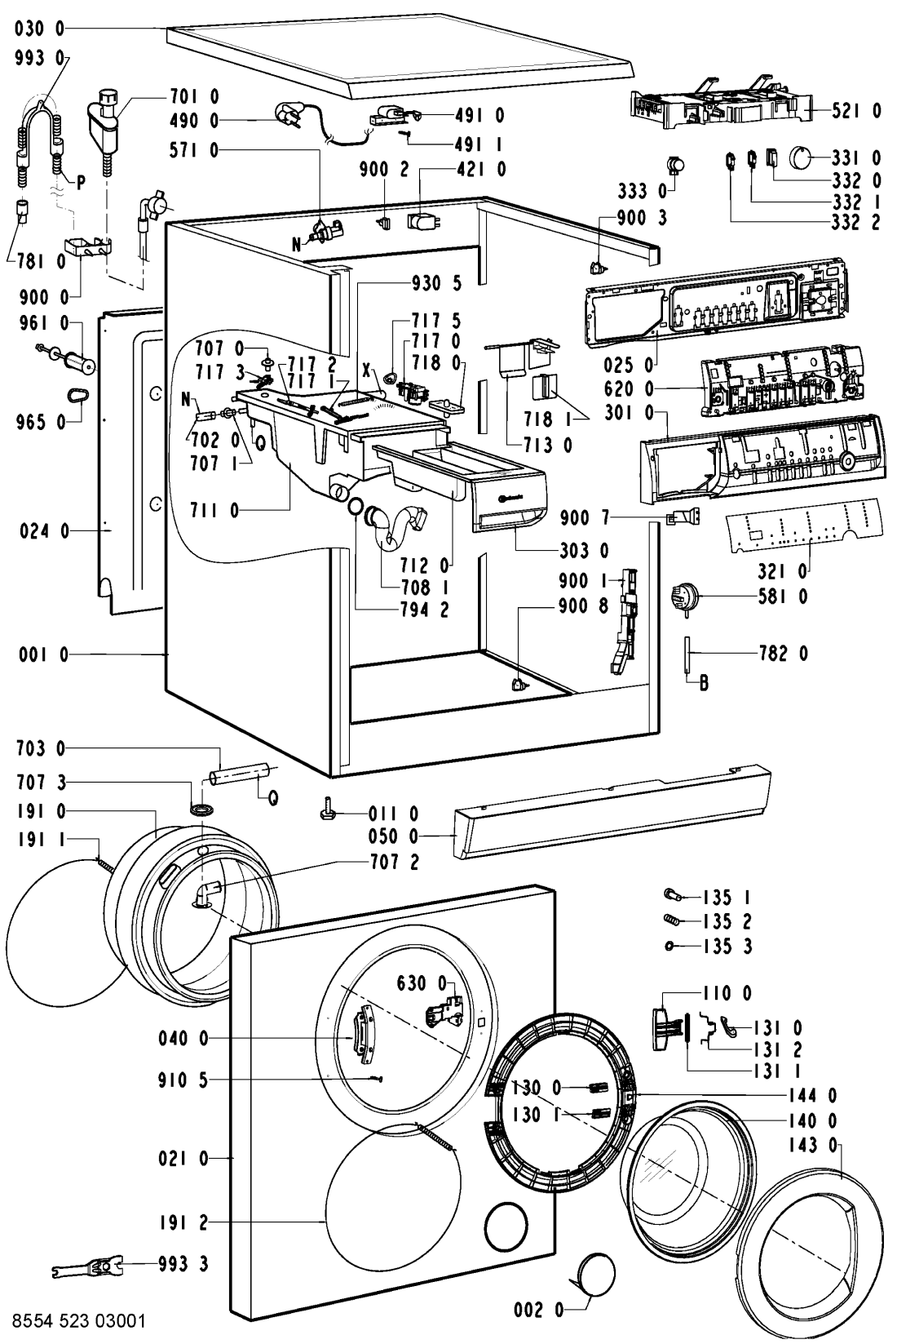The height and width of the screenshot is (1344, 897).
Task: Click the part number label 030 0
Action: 38,29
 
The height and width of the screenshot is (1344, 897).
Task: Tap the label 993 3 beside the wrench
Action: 184,1264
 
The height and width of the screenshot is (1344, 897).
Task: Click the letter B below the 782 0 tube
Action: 702,685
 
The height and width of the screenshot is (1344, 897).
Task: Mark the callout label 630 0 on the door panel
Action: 422,982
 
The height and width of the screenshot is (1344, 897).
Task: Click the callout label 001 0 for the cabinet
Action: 39,654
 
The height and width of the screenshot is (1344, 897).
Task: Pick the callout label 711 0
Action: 214,511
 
